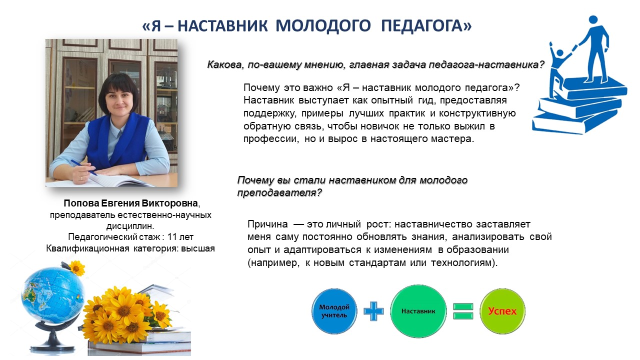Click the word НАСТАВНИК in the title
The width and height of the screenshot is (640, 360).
click(222, 25)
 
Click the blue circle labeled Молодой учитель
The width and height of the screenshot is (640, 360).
click(334, 311)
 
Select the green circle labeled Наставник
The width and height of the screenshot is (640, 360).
click(418, 311)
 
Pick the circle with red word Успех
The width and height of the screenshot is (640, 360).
click(502, 311)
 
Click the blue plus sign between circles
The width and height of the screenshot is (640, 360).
click(373, 311)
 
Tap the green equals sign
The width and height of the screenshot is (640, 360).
click(463, 311)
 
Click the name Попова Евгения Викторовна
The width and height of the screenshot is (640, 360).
click(130, 203)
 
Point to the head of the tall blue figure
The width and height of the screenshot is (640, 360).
click(593, 20)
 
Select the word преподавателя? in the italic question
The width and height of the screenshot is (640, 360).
click(279, 193)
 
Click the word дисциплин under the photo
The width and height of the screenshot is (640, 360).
click(129, 226)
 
